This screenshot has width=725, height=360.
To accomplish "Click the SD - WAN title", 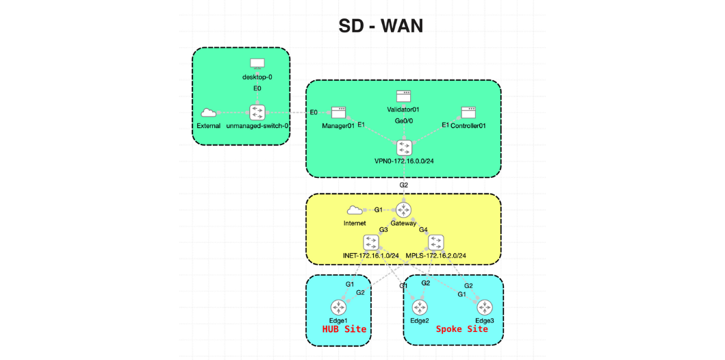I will (x=381, y=26).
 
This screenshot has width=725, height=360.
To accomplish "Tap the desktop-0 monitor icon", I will (x=257, y=64).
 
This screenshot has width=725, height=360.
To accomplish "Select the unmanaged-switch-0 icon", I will (x=257, y=112).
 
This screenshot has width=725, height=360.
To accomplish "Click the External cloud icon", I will (x=208, y=113).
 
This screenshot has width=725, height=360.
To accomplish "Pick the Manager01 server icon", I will (x=338, y=112).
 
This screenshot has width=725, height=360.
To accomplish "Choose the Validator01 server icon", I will (x=403, y=97).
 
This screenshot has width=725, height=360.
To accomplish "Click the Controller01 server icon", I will (x=468, y=112).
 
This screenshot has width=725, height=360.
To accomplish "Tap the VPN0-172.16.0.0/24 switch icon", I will (x=403, y=147).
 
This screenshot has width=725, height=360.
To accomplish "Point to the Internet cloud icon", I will (x=354, y=210).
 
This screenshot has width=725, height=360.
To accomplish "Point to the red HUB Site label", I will (x=344, y=329).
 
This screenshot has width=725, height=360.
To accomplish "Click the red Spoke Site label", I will (x=462, y=329).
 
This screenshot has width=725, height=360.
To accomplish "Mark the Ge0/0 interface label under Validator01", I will (x=403, y=121).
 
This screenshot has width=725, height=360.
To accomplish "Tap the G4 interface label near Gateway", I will (x=423, y=230).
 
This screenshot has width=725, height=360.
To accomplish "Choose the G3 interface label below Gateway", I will (x=383, y=230).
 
